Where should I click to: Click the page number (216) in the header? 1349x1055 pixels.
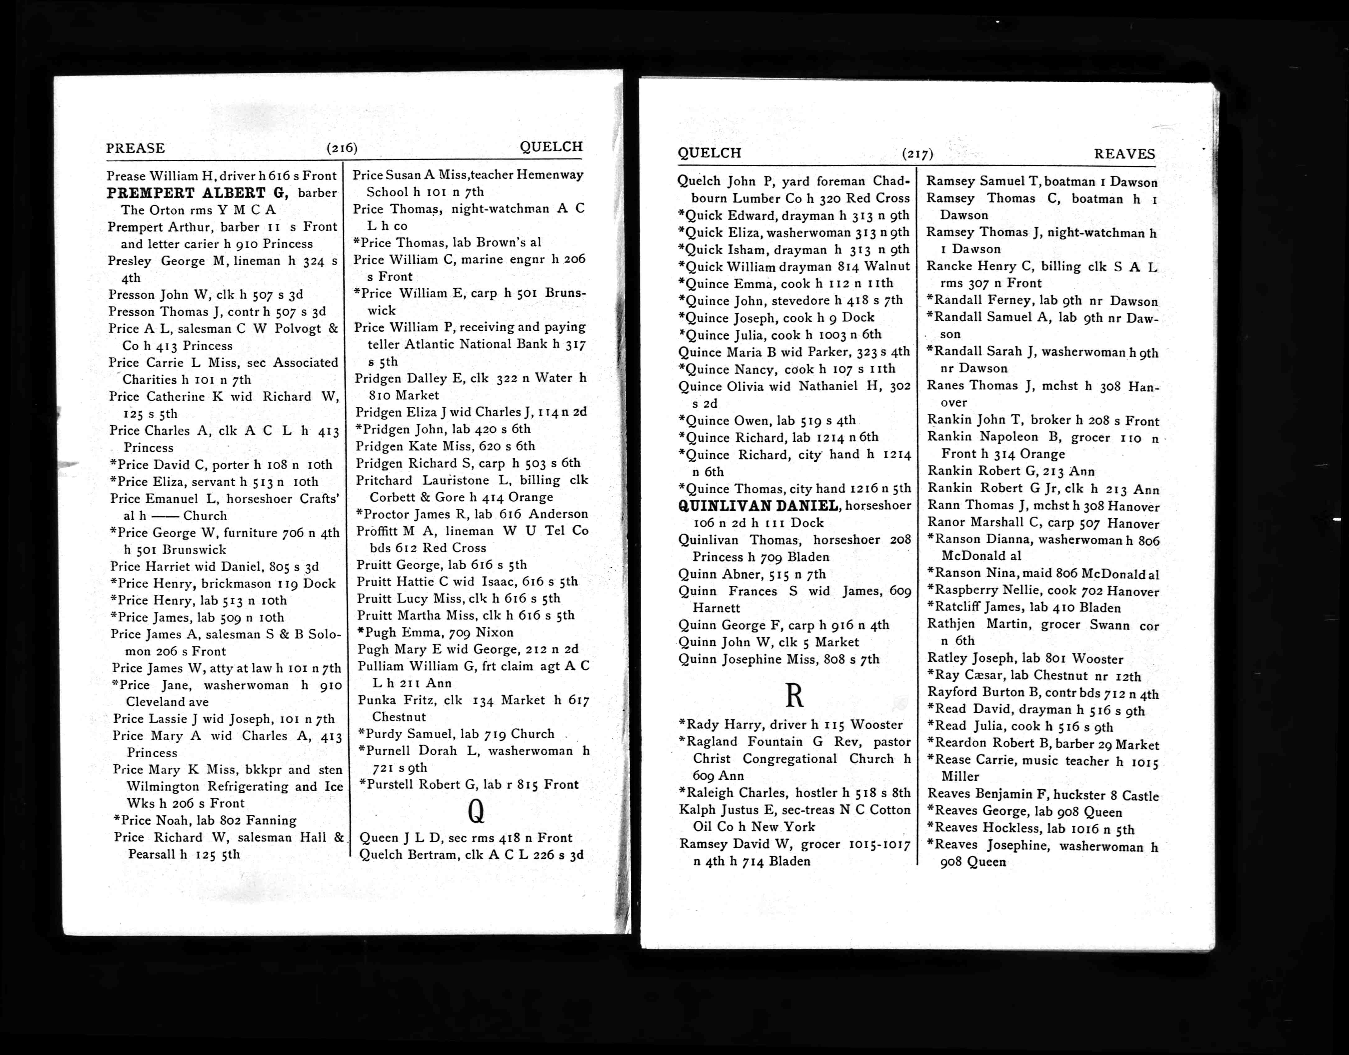point(342,148)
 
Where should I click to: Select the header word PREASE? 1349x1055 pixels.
point(135,148)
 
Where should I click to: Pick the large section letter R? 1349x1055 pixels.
point(794,696)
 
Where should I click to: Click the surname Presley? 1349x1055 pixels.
point(130,261)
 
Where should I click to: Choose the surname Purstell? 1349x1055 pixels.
point(391,784)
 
